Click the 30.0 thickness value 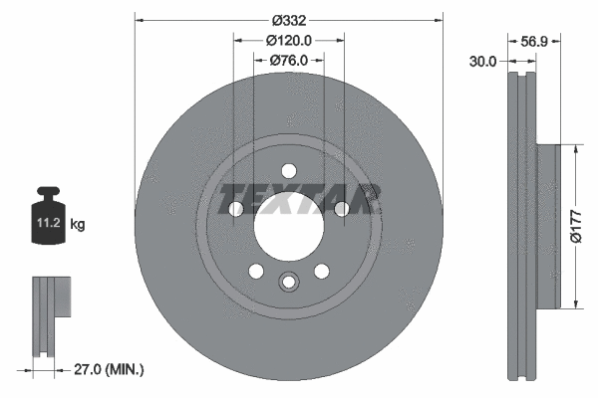coord(483,61)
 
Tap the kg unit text coord(78,225)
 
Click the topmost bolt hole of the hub coord(288,170)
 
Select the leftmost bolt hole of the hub coord(235,209)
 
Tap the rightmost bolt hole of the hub coord(341,209)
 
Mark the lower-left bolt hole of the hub coord(255,271)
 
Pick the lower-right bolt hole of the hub coord(321,271)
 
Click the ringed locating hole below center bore coord(288,282)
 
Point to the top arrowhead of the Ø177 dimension coord(575,149)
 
